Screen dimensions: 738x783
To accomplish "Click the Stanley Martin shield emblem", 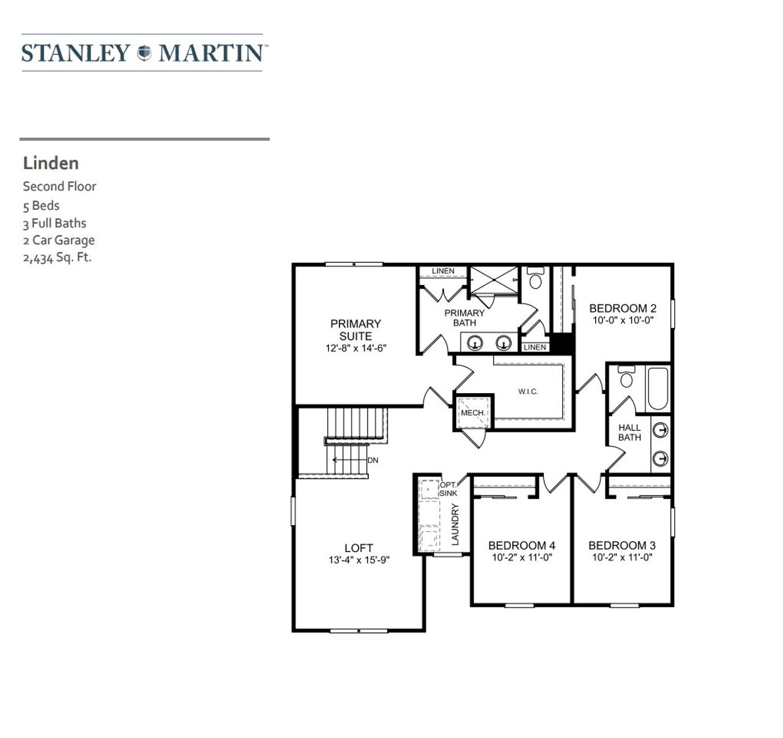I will tap(144, 53).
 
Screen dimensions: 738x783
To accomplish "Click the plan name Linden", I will tap(51, 163).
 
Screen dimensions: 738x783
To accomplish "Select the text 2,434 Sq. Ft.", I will tap(57, 257).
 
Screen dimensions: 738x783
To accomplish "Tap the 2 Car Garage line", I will tap(59, 240).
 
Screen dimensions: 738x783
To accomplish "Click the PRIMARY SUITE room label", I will tap(355, 330).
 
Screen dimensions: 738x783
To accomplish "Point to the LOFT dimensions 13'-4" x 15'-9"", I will tap(358, 560).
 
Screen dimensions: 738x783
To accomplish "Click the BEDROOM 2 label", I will tap(623, 308).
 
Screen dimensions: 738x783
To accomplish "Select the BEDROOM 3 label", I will tap(622, 545).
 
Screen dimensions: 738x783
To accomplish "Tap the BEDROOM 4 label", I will tap(521, 545).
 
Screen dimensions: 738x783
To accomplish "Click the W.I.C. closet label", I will tap(528, 391).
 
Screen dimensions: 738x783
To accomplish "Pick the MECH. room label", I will tap(472, 413).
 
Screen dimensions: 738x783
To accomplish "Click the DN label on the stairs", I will tap(373, 460).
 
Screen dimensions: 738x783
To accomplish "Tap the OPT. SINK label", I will tap(448, 489).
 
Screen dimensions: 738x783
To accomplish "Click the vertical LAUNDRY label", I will tap(455, 524).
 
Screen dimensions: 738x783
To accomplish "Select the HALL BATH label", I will tap(629, 432).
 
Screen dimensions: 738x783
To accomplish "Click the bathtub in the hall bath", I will tap(658, 388).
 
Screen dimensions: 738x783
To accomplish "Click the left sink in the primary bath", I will tap(475, 344).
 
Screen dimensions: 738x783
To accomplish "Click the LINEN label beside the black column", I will tap(535, 347).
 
